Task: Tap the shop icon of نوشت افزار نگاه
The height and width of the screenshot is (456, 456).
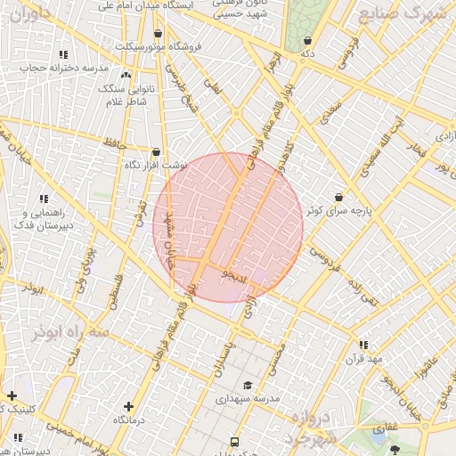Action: [157, 151]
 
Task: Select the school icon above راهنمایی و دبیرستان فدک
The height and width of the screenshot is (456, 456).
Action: [42, 199]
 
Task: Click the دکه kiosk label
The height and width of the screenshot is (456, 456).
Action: [308, 54]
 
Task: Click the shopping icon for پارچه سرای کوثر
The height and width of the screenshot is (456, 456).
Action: [338, 197]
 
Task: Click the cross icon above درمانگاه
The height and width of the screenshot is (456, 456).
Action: [129, 405]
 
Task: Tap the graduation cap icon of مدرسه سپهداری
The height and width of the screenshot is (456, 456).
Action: [248, 385]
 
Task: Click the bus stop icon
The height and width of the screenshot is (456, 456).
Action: [234, 442]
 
